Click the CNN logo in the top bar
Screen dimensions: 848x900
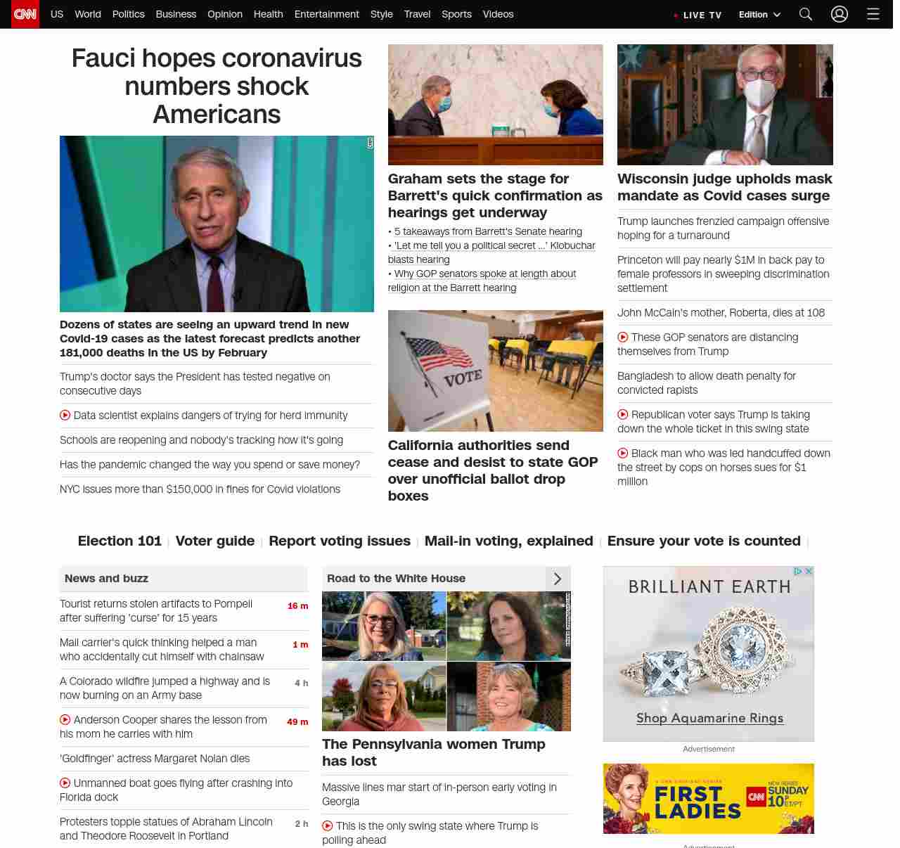click(x=25, y=14)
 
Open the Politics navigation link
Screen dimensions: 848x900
click(x=128, y=14)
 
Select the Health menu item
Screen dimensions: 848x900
click(x=268, y=14)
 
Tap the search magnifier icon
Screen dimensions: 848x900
click(x=806, y=14)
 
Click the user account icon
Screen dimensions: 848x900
click(x=840, y=14)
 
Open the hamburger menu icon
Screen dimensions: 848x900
click(x=873, y=14)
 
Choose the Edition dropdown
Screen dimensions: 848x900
click(x=759, y=14)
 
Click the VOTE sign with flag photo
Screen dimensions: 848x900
click(x=495, y=371)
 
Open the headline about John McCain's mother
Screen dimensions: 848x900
click(x=721, y=313)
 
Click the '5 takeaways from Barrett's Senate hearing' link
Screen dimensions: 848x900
click(x=488, y=231)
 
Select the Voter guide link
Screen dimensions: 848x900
click(x=215, y=541)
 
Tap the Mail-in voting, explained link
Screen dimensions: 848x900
click(x=508, y=541)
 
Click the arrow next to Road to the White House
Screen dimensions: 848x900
click(x=558, y=579)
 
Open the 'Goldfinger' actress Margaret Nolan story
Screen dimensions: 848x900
click(x=155, y=759)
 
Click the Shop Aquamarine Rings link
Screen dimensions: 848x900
click(x=709, y=718)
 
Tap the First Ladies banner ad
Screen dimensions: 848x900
click(x=708, y=799)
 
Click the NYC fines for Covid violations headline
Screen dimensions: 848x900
click(x=200, y=489)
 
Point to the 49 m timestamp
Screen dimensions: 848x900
click(x=297, y=722)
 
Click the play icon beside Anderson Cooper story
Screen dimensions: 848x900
click(x=65, y=719)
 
